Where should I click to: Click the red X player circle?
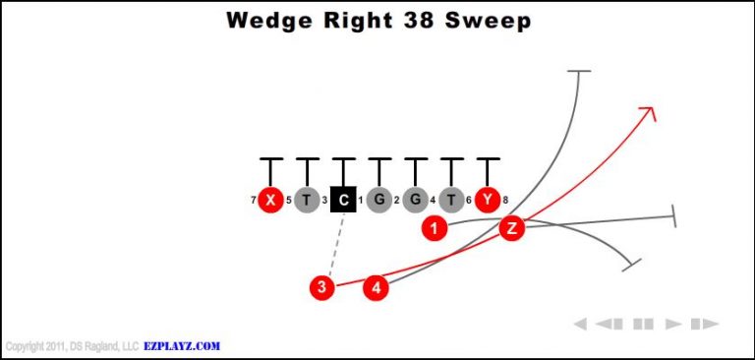pos(270,201)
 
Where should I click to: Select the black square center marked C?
pos(343,201)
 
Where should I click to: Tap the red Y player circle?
pos(488,201)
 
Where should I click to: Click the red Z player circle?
pos(511,229)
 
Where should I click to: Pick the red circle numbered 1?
pos(434,229)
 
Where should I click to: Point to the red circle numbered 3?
pos(321,287)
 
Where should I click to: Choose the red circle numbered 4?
pos(377,287)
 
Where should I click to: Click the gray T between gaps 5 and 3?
pos(307,201)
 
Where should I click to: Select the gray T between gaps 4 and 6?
pos(451,201)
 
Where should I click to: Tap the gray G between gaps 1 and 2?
pos(379,201)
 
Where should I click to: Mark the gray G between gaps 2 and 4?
pos(416,201)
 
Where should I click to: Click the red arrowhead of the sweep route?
pos(648,111)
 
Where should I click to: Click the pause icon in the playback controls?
pos(643,324)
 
